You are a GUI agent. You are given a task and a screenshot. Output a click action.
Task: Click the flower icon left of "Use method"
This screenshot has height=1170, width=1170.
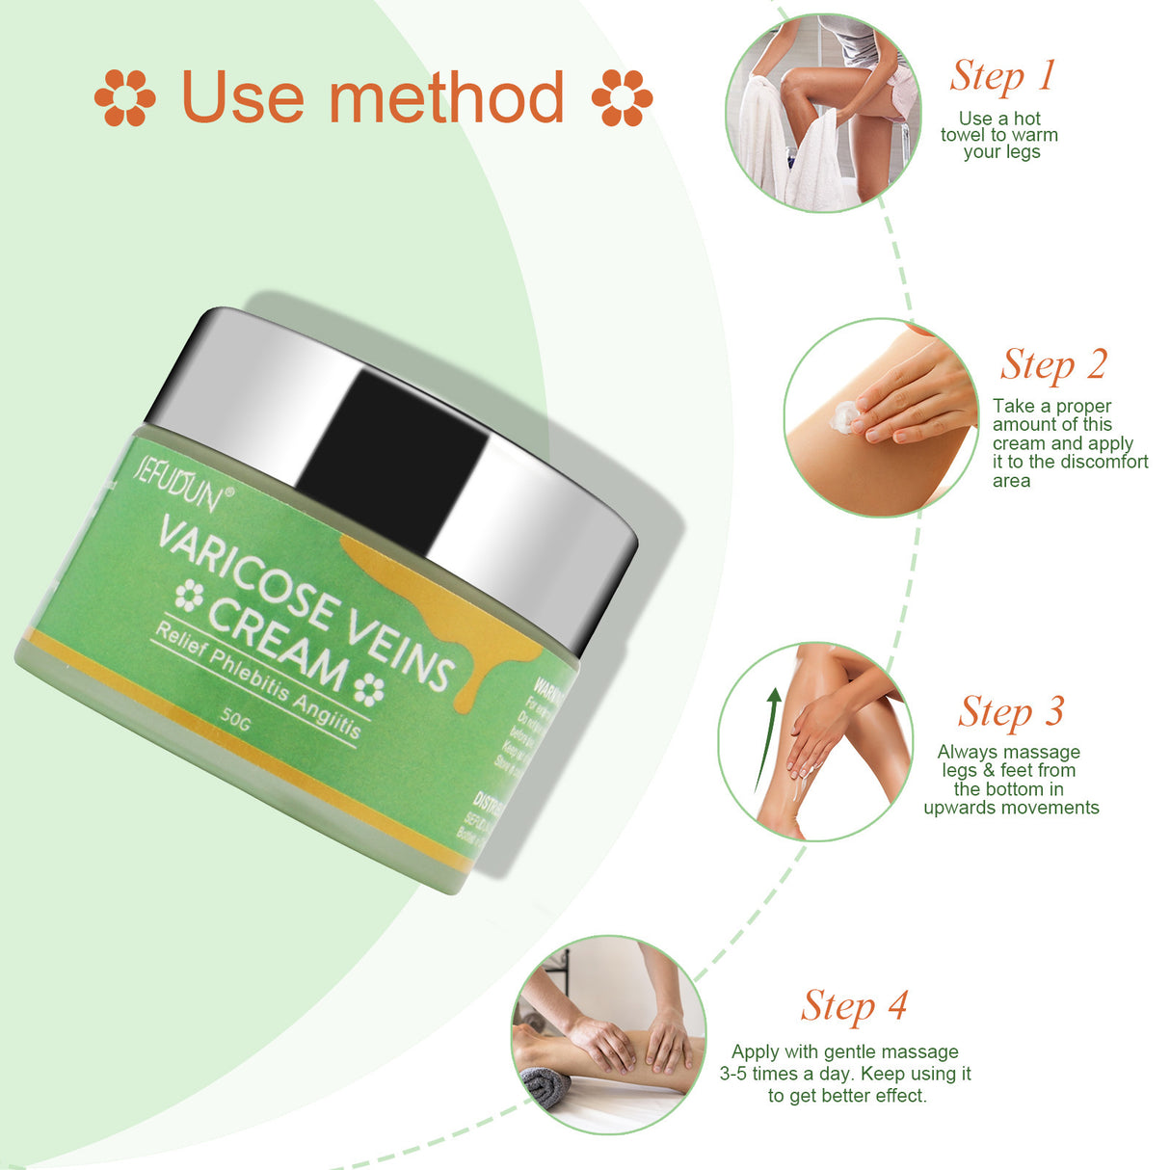[124, 98]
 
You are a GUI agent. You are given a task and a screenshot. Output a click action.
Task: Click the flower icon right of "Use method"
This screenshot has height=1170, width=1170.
[622, 98]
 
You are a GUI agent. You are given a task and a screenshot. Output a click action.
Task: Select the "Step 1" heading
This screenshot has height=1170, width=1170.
[1002, 76]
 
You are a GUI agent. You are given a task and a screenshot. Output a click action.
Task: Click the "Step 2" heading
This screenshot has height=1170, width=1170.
[1053, 365]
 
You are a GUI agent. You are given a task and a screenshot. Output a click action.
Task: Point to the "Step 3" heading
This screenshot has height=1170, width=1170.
[1011, 712]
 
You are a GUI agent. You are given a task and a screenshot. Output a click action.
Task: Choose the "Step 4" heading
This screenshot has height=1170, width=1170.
[854, 1006]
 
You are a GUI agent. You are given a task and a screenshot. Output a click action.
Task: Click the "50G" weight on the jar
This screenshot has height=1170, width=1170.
[235, 719]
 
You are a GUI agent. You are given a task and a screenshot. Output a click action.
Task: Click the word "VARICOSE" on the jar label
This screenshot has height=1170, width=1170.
[246, 570]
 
